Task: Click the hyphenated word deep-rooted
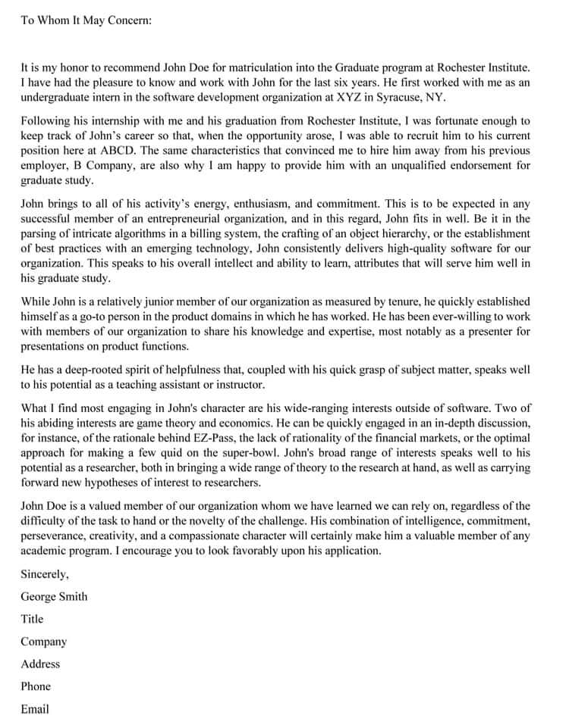coord(84,369)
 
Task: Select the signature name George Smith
coord(54,596)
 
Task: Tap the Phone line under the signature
coord(36,686)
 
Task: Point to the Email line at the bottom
coord(35,709)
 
